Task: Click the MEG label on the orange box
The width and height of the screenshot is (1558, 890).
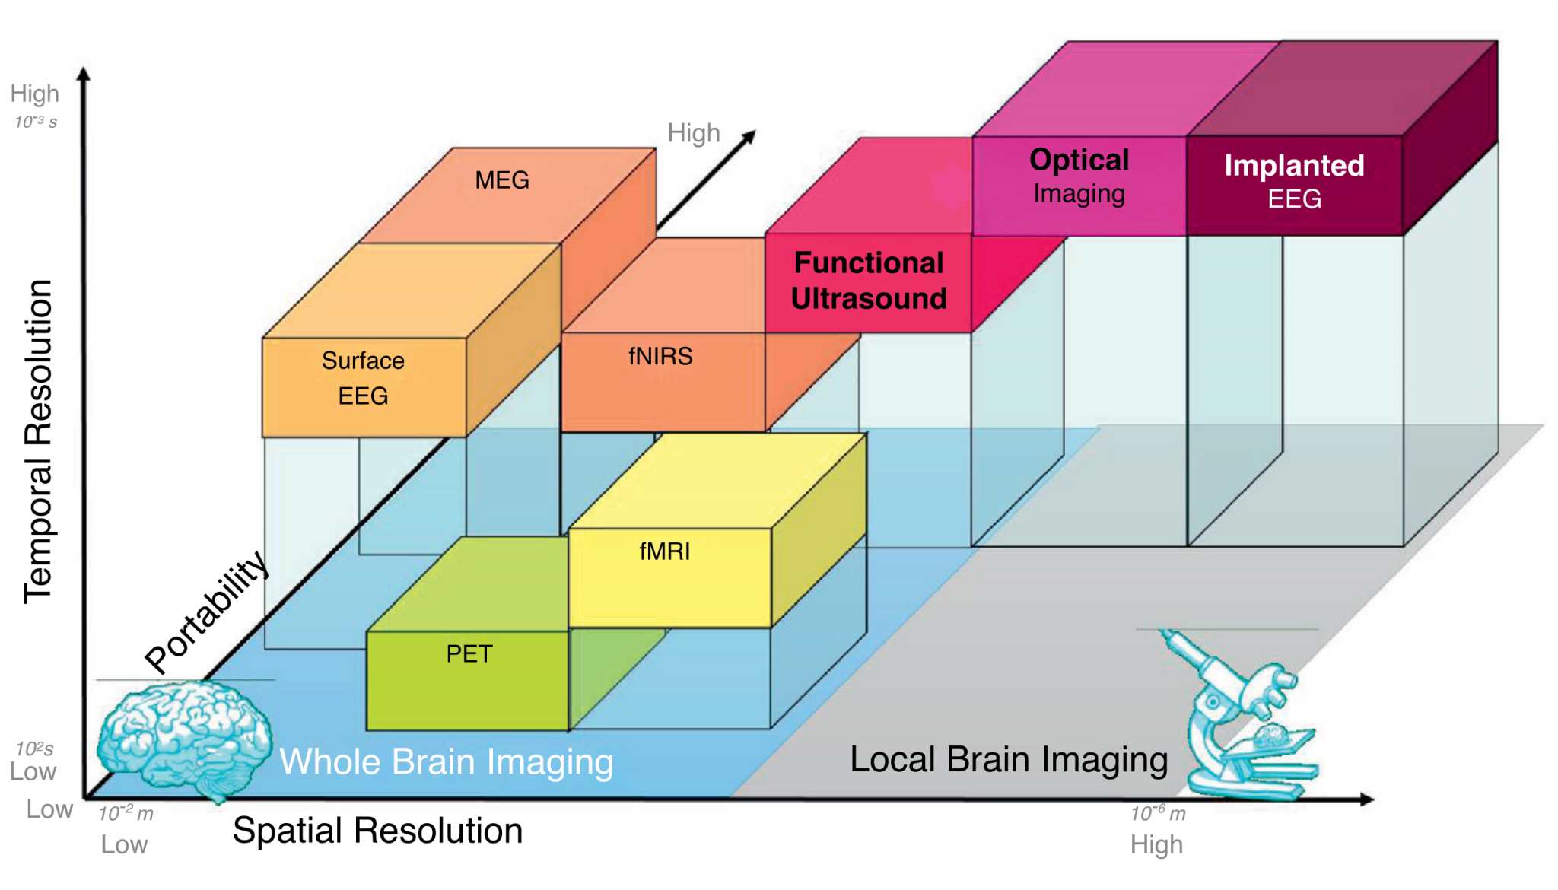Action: tap(502, 180)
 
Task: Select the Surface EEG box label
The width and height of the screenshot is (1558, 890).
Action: tap(363, 378)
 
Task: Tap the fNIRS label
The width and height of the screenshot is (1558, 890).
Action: tap(660, 356)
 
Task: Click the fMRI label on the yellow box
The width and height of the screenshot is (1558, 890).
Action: tap(665, 551)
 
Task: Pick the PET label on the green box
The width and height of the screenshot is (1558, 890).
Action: tap(469, 653)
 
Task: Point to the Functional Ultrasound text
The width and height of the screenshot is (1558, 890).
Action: tap(869, 281)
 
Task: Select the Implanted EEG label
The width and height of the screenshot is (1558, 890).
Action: tap(1294, 182)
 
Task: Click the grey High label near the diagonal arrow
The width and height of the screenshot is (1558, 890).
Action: tap(693, 133)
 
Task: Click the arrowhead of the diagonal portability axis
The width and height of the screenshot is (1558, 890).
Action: tap(749, 136)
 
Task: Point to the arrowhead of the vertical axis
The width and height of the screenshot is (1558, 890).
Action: tap(84, 74)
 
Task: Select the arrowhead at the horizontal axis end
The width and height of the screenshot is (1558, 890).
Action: tap(1367, 799)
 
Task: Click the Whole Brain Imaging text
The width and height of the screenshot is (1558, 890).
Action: tap(447, 761)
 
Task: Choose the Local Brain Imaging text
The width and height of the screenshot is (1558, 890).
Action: tap(1009, 759)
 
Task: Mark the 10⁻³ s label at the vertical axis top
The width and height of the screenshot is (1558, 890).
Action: tap(36, 122)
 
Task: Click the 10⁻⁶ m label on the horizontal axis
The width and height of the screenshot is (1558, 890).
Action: tap(1158, 814)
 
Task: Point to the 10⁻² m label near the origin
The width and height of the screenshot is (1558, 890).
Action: tap(126, 814)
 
